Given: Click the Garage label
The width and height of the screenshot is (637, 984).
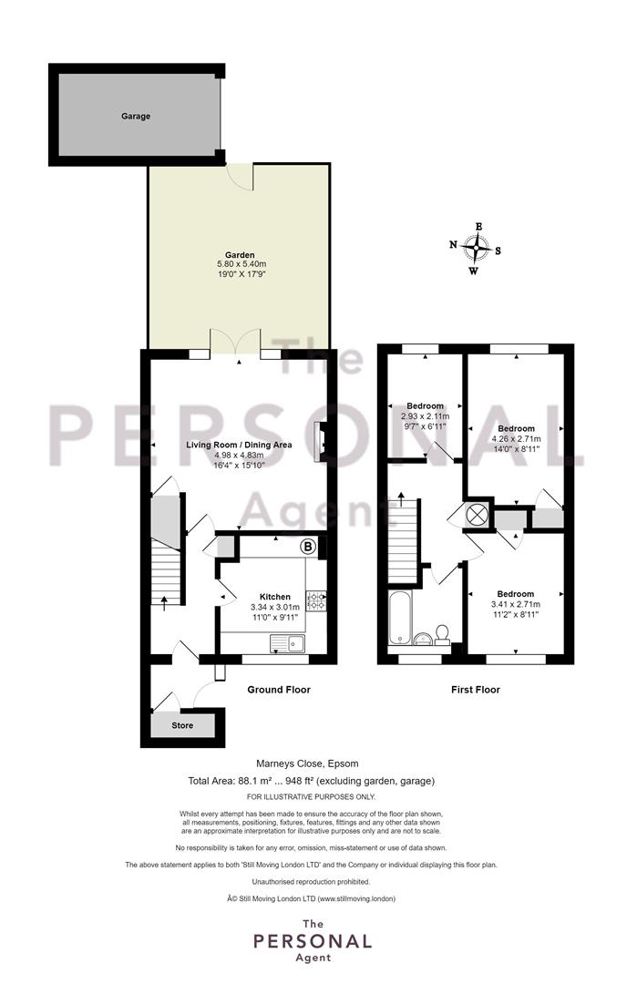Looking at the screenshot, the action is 136,116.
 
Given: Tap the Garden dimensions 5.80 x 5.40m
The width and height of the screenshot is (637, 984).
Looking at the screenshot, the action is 241,265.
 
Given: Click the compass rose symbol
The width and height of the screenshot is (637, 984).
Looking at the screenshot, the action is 476,248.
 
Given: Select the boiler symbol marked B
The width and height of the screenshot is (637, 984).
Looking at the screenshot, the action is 308,547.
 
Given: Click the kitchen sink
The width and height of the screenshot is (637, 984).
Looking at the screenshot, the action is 287,643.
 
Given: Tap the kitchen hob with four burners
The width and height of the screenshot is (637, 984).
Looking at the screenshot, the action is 315,600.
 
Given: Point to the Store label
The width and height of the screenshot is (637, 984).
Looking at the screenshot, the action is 182,725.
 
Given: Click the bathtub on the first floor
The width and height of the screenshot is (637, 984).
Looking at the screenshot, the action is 399,618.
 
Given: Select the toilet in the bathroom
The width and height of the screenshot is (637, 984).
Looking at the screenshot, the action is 443,634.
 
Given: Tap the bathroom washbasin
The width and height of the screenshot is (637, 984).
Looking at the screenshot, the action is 423,639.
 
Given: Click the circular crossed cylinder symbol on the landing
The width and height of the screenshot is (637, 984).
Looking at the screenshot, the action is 478,515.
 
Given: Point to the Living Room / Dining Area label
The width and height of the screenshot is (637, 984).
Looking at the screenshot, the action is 239,445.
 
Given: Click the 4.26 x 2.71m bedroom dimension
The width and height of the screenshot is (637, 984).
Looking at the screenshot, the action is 517,439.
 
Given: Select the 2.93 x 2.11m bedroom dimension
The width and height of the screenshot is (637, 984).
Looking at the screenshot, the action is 426,416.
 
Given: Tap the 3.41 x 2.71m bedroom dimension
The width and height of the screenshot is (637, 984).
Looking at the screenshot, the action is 516,604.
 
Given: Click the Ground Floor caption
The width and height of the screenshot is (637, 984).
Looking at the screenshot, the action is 279,690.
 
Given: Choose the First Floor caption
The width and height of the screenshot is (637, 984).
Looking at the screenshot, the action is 476,690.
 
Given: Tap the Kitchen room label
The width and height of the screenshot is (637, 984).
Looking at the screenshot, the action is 275,597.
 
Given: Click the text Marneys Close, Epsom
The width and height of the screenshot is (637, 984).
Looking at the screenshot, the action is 307,764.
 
